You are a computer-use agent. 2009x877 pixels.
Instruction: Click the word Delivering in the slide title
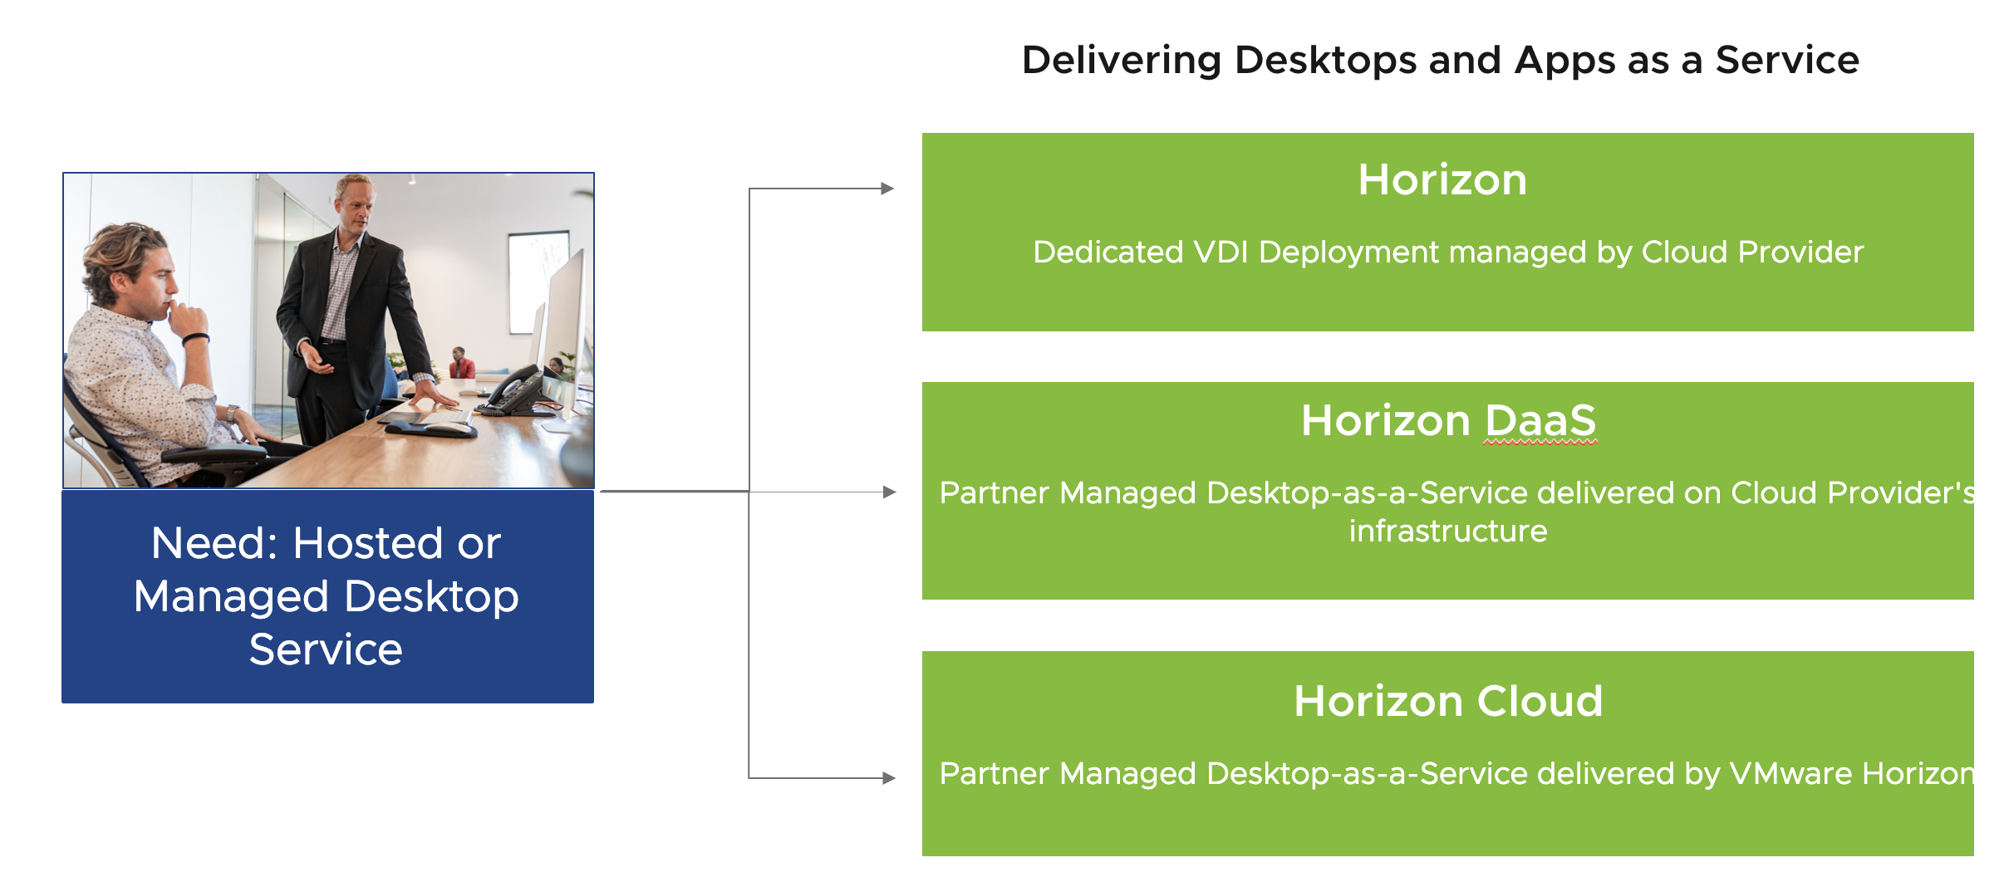[1122, 61]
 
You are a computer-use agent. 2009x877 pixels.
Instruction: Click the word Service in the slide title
[1787, 61]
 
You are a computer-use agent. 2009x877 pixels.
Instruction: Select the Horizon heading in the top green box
[1442, 179]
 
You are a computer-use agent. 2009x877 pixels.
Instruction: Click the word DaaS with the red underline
[1540, 420]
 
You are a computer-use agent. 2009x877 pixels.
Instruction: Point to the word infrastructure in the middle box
[1448, 531]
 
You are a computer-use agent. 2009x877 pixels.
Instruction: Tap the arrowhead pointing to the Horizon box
[887, 189]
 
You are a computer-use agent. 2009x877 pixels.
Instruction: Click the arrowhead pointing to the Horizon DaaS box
[889, 492]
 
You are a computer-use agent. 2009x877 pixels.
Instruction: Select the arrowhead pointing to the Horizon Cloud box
[889, 778]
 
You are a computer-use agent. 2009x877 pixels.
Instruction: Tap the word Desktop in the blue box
[431, 596]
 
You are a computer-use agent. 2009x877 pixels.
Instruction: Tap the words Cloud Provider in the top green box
[1752, 252]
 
